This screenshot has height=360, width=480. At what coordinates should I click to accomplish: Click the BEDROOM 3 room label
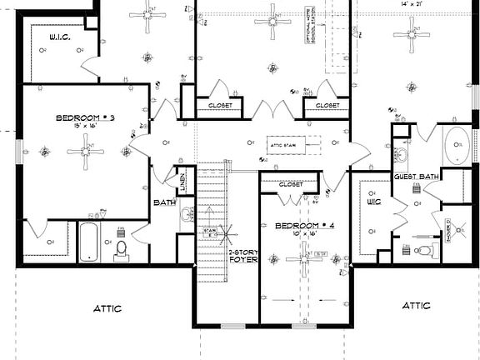click(x=84, y=118)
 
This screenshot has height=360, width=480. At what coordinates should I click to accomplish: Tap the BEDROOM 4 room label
click(x=297, y=226)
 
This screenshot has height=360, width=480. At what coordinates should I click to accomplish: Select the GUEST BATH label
click(x=417, y=177)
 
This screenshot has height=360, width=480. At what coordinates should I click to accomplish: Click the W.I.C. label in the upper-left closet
click(x=59, y=37)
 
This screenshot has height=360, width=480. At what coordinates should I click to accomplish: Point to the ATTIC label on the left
click(x=106, y=308)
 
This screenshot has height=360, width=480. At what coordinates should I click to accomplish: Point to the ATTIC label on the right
click(x=416, y=306)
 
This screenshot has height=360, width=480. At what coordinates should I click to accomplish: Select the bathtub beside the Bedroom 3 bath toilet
click(x=90, y=242)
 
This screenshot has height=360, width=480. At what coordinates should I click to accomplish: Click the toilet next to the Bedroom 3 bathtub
click(x=122, y=247)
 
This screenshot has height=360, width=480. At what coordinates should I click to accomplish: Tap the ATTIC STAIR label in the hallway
click(x=284, y=145)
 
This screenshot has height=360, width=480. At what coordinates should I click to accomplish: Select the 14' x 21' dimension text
click(x=412, y=5)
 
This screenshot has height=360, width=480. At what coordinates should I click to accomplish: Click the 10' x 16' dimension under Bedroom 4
click(x=297, y=235)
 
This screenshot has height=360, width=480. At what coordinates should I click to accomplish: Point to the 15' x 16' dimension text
click(x=83, y=127)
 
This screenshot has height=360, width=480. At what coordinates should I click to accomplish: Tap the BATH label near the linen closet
click(x=164, y=202)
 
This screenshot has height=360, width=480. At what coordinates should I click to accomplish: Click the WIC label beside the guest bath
click(x=373, y=201)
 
